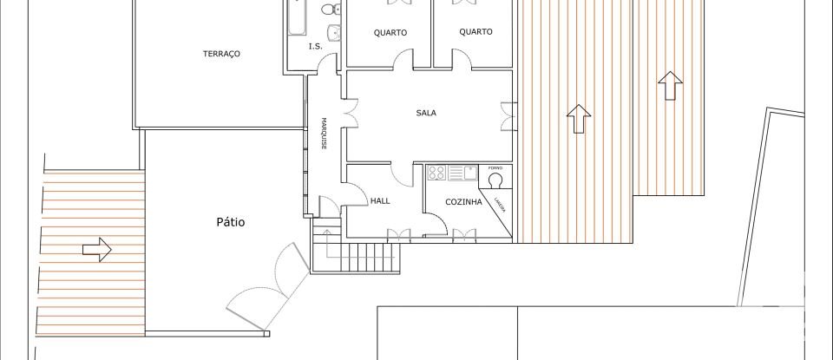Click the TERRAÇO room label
point(221,54)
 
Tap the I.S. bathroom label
point(315,47)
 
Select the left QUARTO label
point(390,33)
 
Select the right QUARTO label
point(476,31)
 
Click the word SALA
point(426,113)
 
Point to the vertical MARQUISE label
point(323,134)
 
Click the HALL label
point(380,200)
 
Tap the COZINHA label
point(463,201)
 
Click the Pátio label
point(230,222)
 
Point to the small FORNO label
point(495,167)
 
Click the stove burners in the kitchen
point(436,173)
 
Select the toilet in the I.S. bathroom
point(329,10)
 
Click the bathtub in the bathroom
point(296,17)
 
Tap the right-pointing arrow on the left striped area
point(96,251)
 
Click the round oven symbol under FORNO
point(496,180)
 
